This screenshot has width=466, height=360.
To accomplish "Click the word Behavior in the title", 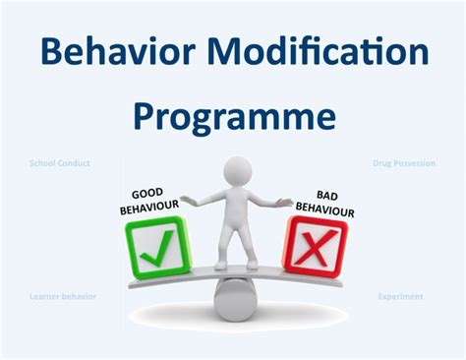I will coord(109,50).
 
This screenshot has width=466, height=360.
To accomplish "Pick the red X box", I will coord(316,245).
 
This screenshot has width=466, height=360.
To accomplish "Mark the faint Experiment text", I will coord(402,295).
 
